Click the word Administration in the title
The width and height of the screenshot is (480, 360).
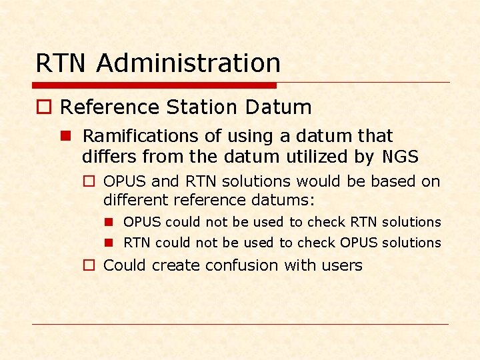188,63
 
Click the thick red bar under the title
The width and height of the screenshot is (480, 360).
154,85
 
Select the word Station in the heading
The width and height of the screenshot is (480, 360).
203,107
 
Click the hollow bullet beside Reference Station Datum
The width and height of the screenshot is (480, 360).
43,108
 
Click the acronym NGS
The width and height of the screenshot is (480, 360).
401,157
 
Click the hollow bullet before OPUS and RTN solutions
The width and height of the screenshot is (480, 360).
89,181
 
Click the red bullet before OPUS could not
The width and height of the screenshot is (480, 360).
109,222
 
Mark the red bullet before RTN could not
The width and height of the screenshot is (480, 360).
109,243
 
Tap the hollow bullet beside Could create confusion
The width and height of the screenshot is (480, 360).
89,265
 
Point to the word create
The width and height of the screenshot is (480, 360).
176,265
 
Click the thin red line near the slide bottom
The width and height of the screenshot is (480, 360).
240,325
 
